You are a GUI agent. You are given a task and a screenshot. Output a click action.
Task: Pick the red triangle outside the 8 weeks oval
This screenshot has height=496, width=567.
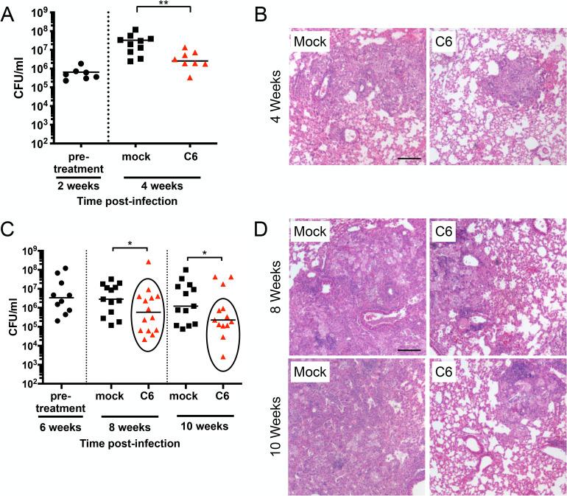point(149,262)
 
